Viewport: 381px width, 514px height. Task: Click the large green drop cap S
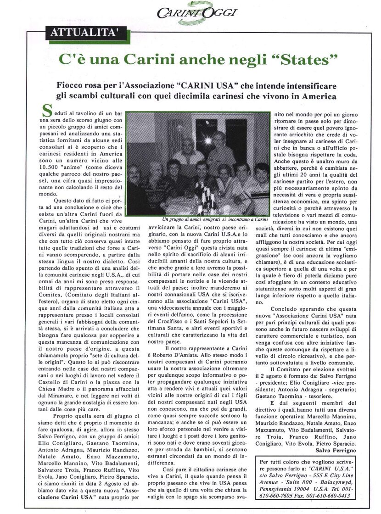click(46, 110)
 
